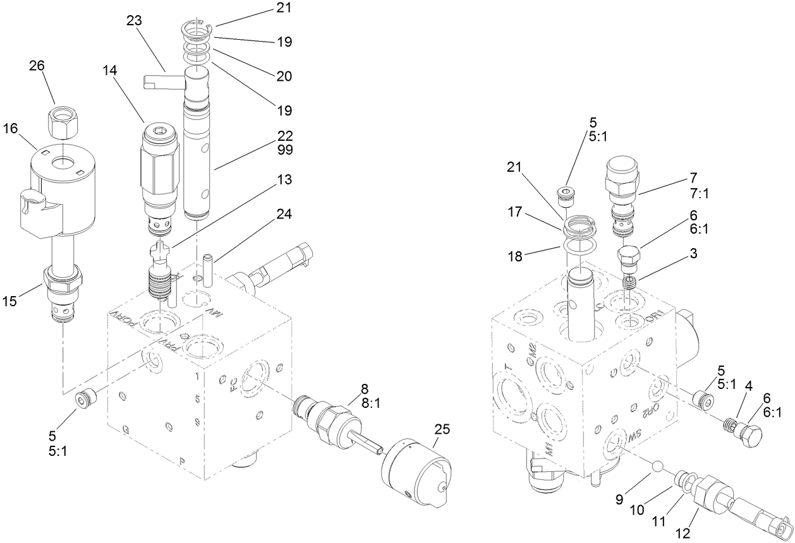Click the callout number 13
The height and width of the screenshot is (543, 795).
coord(284,180)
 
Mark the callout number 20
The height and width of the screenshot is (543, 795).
coord(284,76)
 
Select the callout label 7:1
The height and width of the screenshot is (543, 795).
coord(700,194)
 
